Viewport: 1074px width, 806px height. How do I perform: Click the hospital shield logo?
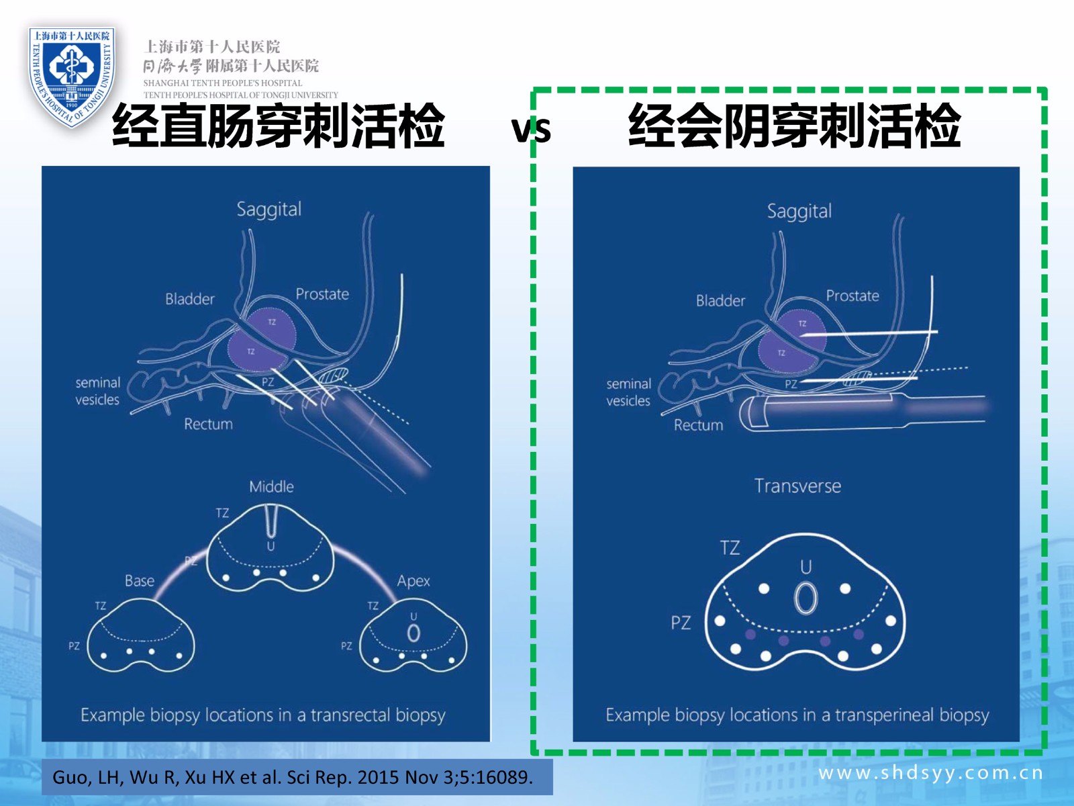(x=71, y=75)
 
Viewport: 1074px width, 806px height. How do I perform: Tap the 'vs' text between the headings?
(x=531, y=128)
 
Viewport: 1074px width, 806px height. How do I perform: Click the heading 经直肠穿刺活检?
(x=278, y=126)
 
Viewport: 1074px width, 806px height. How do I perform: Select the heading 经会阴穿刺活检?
(x=794, y=126)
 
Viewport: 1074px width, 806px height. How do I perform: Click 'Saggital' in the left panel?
(x=268, y=210)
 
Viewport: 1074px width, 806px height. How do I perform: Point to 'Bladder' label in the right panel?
(x=720, y=301)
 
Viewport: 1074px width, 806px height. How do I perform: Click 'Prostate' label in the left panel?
(x=322, y=294)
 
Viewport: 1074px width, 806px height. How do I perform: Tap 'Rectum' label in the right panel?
(x=698, y=425)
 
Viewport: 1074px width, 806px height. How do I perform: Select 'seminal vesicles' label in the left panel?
(x=97, y=391)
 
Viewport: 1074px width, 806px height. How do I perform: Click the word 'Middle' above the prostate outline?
(x=271, y=486)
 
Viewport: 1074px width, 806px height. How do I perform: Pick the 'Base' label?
(x=139, y=580)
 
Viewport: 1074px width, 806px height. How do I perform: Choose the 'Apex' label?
(x=413, y=580)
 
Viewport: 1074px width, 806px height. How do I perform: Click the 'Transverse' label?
(x=797, y=486)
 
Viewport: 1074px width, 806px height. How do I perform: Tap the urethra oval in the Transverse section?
(x=805, y=598)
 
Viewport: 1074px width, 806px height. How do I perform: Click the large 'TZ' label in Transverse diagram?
(x=730, y=548)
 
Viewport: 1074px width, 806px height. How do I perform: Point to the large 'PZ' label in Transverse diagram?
(x=681, y=623)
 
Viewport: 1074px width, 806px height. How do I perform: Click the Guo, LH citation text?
(x=293, y=777)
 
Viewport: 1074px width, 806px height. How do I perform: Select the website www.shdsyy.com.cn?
(x=930, y=772)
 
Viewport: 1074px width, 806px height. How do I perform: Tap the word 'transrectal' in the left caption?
(x=350, y=715)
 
